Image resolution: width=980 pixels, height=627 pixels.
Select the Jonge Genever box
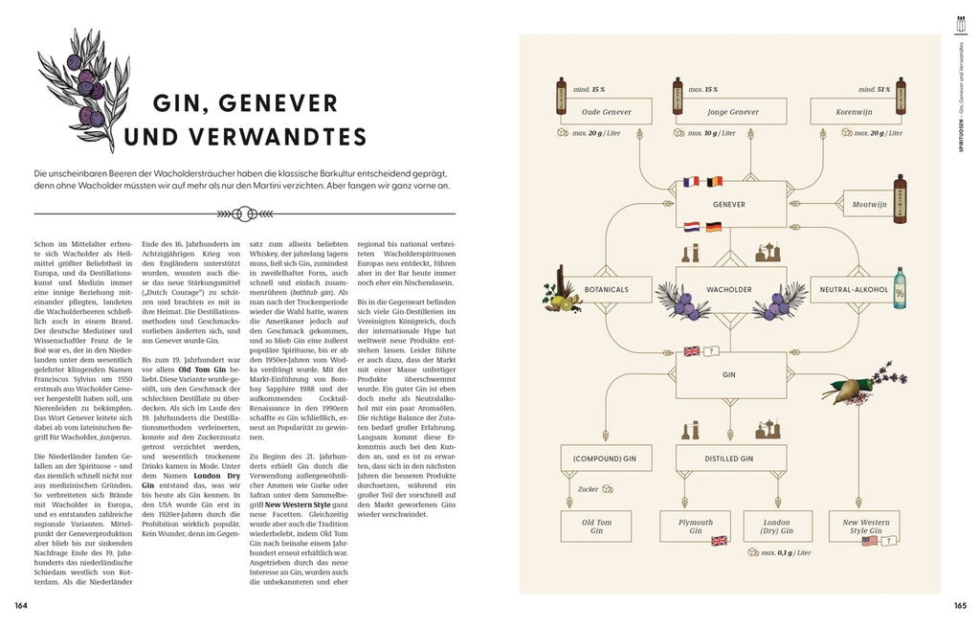point(732,112)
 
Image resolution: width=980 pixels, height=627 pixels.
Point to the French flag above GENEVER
point(693,182)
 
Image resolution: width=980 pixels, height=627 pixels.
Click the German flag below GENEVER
point(713,227)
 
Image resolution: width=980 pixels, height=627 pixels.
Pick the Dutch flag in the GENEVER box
point(693,227)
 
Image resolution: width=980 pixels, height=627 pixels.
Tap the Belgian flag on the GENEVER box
point(712,182)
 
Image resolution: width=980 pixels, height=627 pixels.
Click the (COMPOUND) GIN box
point(598,459)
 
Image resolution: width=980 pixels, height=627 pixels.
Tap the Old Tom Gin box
point(598,525)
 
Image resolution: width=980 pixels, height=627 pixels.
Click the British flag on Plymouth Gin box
point(720,541)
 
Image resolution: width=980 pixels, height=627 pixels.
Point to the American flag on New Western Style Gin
point(869,541)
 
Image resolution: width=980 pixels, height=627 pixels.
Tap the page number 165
point(960,605)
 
